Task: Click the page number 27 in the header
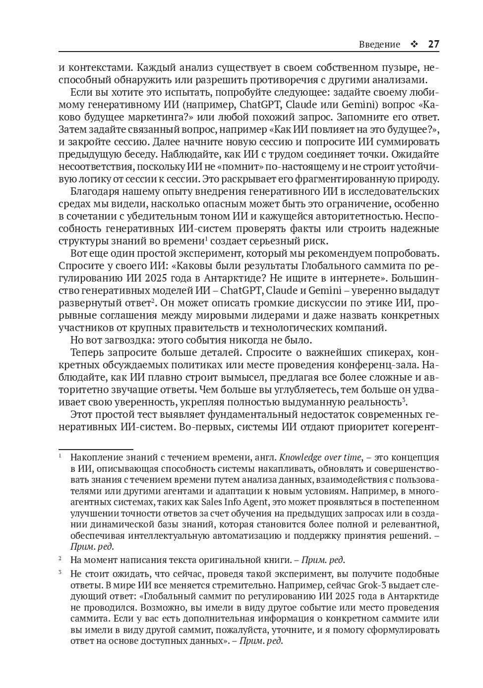(x=433, y=44)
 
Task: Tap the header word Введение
(x=379, y=44)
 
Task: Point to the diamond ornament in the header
(x=414, y=44)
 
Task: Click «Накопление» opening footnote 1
(x=95, y=458)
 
